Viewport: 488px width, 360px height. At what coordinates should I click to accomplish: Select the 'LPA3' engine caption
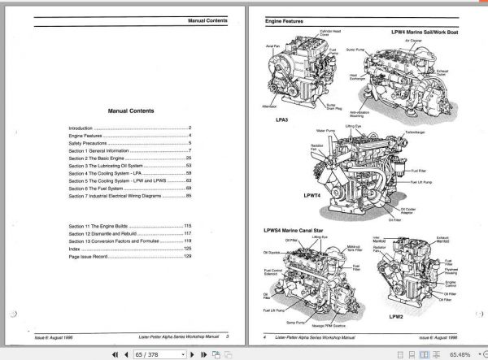pos(283,119)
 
